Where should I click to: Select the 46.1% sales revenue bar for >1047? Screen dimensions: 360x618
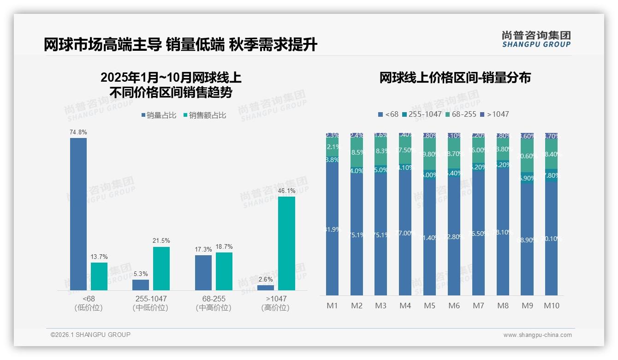point(286,243)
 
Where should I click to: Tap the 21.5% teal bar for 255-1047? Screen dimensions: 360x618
point(161,268)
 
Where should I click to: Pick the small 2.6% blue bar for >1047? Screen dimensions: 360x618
point(266,288)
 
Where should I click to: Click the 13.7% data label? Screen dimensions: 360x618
point(99,257)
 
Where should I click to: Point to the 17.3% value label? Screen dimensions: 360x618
point(203,249)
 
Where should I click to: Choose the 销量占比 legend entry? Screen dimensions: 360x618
point(159,115)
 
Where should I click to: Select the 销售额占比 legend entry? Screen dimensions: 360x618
point(205,115)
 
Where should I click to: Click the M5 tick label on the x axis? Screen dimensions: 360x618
point(429,306)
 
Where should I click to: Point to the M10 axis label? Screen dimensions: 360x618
point(552,306)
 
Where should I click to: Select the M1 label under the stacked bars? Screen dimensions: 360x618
point(332,306)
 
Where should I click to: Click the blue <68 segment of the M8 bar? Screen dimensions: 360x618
point(503,231)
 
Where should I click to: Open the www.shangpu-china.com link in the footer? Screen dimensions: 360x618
point(537,335)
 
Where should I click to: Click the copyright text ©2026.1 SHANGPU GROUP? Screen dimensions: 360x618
point(90,335)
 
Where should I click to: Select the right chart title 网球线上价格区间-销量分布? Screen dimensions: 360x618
point(455,78)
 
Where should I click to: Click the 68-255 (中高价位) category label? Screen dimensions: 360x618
point(213,303)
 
